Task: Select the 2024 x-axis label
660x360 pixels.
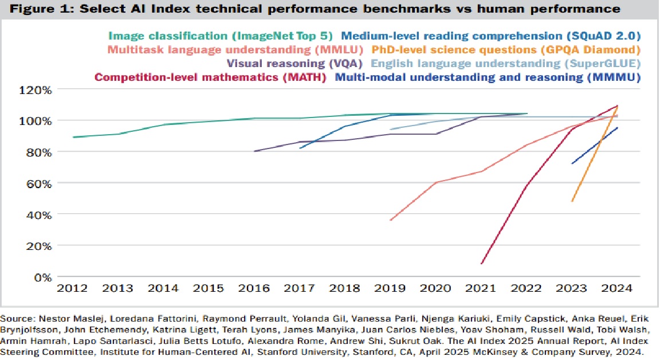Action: click(618, 288)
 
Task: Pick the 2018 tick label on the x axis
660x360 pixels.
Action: click(345, 288)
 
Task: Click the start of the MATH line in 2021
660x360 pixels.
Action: click(482, 264)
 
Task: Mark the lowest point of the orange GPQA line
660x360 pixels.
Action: click(572, 201)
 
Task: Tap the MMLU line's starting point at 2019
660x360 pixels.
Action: click(391, 220)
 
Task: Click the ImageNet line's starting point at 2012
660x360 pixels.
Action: click(73, 138)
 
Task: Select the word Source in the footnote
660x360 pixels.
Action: click(15, 318)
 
